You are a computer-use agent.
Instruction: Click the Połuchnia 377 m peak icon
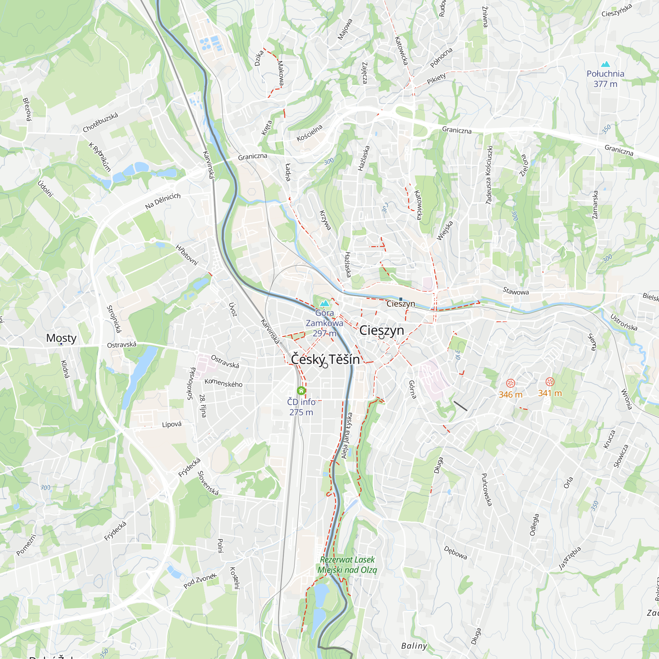[x=605, y=64]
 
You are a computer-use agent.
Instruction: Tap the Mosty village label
[x=61, y=338]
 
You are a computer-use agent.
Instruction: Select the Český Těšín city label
[x=325, y=359]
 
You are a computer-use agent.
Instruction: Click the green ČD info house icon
[x=301, y=390]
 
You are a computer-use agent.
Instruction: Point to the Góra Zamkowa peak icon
[x=324, y=303]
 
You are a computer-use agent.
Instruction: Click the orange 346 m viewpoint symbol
[x=510, y=383]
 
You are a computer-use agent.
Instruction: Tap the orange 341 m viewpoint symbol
[x=550, y=382]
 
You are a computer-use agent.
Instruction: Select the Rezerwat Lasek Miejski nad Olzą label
[x=347, y=564]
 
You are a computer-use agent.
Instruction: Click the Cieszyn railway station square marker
[x=401, y=299]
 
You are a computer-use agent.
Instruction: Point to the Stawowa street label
[x=516, y=291]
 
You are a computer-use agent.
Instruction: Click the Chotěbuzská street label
[x=100, y=122]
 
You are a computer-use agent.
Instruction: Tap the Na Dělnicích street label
[x=163, y=201]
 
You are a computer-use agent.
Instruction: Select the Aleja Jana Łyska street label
[x=347, y=436]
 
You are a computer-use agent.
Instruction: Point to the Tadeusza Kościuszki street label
[x=489, y=175]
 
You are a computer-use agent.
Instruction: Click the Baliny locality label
[x=414, y=646]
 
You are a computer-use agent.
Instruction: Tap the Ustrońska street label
[x=623, y=322]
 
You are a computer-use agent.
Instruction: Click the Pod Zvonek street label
[x=200, y=581]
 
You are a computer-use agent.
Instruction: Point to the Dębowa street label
[x=455, y=553]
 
